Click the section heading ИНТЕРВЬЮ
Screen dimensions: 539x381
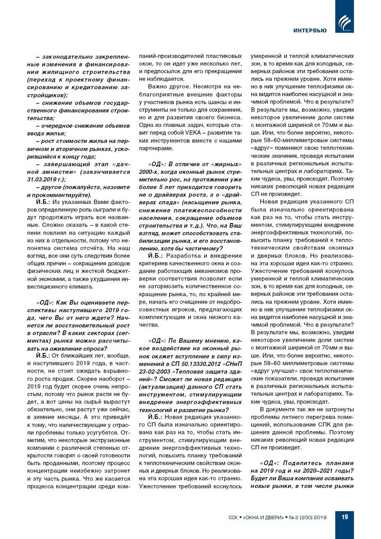(x=310, y=31)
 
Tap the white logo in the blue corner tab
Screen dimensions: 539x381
(x=344, y=22)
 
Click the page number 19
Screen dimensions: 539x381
(x=344, y=517)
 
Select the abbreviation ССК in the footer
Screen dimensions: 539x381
(x=233, y=518)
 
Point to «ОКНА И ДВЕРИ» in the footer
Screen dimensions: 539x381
(x=263, y=518)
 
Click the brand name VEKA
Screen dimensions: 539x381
(x=193, y=133)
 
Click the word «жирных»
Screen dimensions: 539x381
(x=227, y=164)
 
